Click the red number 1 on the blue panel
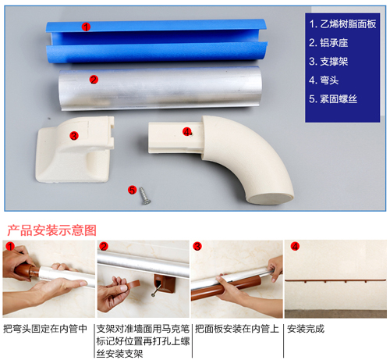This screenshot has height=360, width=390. pos(86,27)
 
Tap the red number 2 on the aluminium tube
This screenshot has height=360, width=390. pos(94,80)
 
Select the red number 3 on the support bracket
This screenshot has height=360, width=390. pos(74,136)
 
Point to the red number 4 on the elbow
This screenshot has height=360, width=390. pos(187,132)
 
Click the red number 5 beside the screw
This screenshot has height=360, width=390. pos(132,190)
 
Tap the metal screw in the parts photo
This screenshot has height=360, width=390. pos(144,195)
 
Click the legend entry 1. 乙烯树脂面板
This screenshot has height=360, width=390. pos(342,24)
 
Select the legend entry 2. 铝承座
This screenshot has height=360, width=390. pos(328,43)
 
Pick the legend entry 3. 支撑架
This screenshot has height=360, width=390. pos(328,62)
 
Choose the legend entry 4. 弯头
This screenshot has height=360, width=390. pos(324,80)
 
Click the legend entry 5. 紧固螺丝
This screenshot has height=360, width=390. pos(333,99)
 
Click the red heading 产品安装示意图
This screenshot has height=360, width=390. pos(51,230)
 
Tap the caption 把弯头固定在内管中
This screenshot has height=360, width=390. pos(45,329)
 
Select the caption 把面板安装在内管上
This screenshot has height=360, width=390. pos(237,329)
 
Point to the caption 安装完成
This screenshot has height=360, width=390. pos(306,329)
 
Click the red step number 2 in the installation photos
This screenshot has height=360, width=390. pos(104,246)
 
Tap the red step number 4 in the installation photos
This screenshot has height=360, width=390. pos(295,246)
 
